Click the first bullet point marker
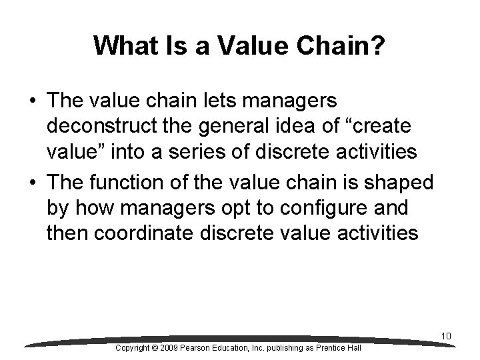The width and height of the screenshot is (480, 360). (32, 101)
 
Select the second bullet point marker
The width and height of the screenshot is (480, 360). (32, 182)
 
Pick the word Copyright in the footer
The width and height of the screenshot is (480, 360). (136, 348)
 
